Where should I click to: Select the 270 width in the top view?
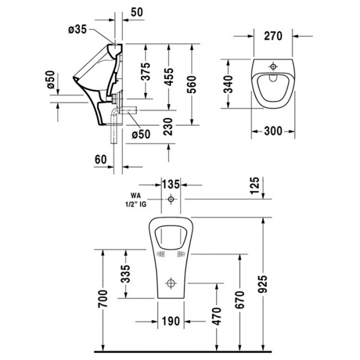(273, 35)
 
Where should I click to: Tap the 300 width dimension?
(273, 130)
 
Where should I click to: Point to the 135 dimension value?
(172, 183)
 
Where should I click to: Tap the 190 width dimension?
(172, 322)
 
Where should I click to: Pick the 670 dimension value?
(241, 299)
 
